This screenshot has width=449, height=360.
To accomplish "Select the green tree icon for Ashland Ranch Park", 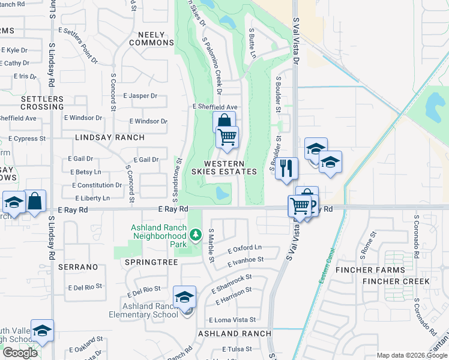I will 195,235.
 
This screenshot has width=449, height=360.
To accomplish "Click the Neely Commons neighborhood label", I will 151,39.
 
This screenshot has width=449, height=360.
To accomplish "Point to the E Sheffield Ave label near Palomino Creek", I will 215,106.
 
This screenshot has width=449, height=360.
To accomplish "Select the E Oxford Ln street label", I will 244,248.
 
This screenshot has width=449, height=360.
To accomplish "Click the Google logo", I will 20,353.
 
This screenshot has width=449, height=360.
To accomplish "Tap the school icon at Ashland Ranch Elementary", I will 184,297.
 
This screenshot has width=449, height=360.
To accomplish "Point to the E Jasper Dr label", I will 140,95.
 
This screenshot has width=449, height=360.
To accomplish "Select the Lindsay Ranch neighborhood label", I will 110,137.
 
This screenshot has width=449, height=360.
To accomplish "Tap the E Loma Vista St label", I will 232,320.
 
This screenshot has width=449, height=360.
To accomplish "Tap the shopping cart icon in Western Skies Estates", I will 227,137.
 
